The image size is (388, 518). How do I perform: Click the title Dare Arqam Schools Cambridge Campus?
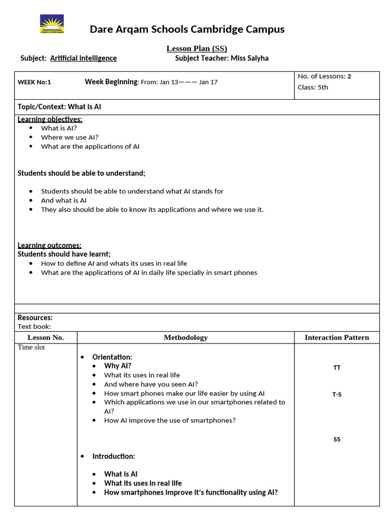point(187,29)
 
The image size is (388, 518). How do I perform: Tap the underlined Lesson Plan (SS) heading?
point(197,49)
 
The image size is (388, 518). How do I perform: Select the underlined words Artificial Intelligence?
point(83,58)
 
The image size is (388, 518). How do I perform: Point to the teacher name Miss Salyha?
point(249,58)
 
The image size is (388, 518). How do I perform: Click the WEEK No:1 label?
point(34,82)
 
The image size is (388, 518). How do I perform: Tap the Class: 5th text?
point(313,87)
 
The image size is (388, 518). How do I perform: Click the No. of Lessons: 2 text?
point(324,76)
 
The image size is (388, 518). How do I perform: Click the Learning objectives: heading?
point(50,119)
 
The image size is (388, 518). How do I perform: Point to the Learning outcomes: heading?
point(50,245)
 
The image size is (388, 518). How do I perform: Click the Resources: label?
point(35,318)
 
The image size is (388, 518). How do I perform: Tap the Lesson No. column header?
point(45,337)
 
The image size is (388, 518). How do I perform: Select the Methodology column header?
point(185,337)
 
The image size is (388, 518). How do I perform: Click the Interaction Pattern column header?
point(336,337)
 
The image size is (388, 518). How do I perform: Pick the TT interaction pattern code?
point(337,368)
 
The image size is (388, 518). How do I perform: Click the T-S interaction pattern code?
point(337,395)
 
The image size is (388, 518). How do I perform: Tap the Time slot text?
point(31,348)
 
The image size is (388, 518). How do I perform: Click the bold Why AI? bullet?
point(118,366)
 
